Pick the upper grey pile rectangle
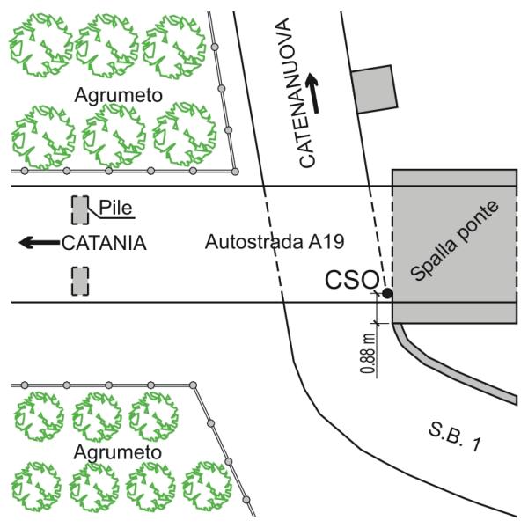80,209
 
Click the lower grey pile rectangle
80,282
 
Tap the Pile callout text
115,208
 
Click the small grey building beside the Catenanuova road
374,88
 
